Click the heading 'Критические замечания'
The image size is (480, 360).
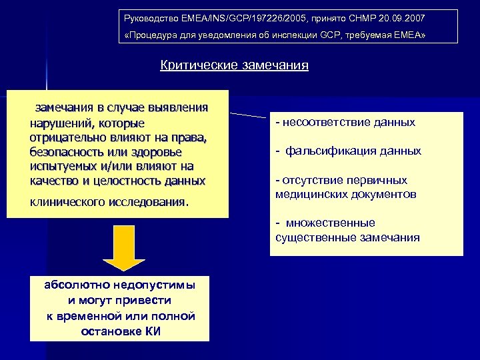tap(234, 65)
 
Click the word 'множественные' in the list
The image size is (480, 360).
tap(331, 223)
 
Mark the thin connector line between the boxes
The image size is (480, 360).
tap(248, 115)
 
